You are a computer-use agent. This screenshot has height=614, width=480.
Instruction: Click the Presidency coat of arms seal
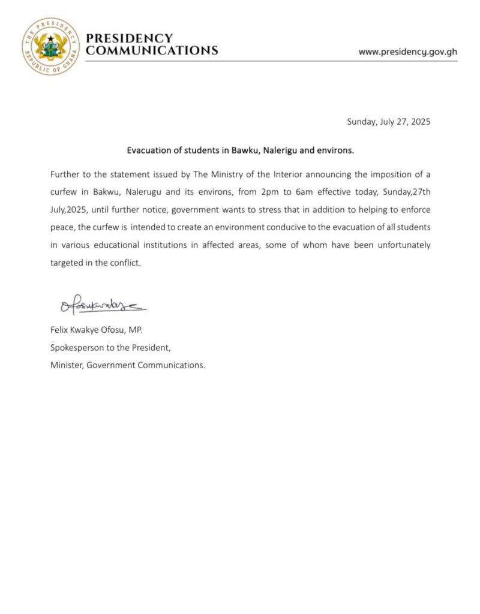click(x=50, y=46)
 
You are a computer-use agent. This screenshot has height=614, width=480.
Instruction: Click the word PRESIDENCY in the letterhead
click(x=129, y=39)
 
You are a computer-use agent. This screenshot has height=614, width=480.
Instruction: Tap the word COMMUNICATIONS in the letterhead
click(x=152, y=51)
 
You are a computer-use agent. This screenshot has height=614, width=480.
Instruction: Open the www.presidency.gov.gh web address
click(x=407, y=52)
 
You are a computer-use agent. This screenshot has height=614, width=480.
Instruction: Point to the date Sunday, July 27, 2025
click(x=389, y=122)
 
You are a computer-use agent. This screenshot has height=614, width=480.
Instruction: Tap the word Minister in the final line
click(x=67, y=365)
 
